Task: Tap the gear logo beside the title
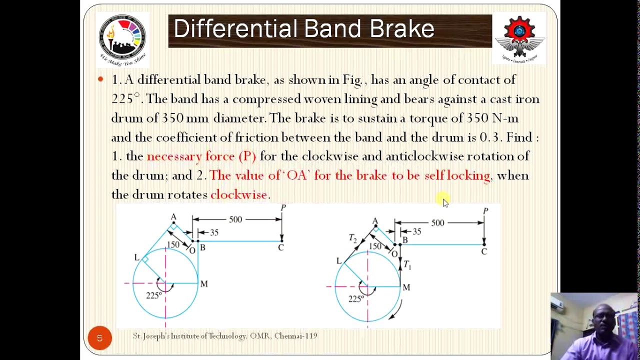[x=519, y=38]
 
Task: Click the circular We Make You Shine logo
[x=122, y=39]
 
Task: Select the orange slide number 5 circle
[x=99, y=338]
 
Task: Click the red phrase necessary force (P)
[x=201, y=156]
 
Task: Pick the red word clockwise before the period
[x=238, y=194]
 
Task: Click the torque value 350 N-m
[x=492, y=118]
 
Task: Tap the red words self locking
[x=457, y=175]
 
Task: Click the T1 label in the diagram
[x=407, y=265]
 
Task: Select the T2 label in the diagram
[x=353, y=238]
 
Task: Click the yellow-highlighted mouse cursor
[x=444, y=201]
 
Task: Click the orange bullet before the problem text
[x=100, y=79]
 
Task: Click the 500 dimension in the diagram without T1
[x=235, y=219]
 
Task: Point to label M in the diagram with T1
[x=406, y=287]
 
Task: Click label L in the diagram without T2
[x=136, y=257]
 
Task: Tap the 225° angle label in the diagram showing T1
[x=355, y=299]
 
